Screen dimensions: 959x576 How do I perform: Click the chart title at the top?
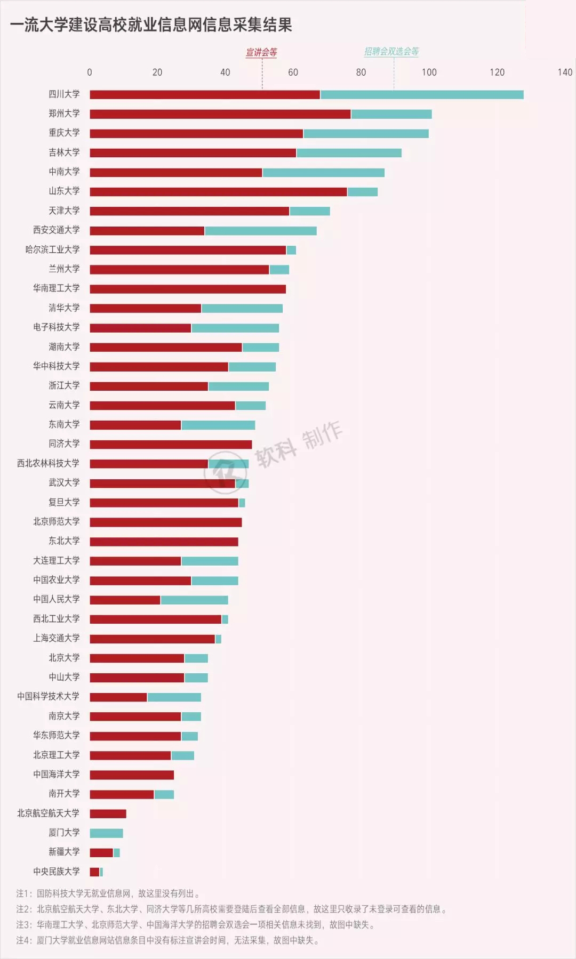[x=151, y=25]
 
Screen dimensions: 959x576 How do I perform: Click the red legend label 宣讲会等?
[x=261, y=52]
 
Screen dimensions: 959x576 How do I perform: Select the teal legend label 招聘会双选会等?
[x=391, y=51]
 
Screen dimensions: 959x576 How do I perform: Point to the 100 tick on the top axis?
[x=429, y=72]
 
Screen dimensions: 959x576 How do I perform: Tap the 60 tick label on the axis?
[x=293, y=72]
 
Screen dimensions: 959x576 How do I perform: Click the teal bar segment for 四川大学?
[x=421, y=94]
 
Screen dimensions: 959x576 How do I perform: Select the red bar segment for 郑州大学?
[x=220, y=114]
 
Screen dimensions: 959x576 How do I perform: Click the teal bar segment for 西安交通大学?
[x=260, y=231]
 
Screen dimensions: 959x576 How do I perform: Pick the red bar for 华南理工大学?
[x=187, y=289]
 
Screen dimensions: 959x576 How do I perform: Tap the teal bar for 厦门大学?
[x=106, y=833]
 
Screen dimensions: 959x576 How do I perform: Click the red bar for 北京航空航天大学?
[x=108, y=813]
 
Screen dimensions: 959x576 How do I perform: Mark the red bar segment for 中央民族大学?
[x=94, y=872]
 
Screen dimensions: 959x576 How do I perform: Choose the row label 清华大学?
[x=64, y=308]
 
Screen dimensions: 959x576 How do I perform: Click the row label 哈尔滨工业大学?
[x=52, y=249]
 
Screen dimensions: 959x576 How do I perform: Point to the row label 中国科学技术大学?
[x=48, y=696]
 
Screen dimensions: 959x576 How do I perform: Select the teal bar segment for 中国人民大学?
[x=194, y=600]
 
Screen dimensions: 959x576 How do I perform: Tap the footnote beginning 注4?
[x=167, y=940]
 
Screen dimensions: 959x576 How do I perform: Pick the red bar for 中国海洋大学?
[x=131, y=775]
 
